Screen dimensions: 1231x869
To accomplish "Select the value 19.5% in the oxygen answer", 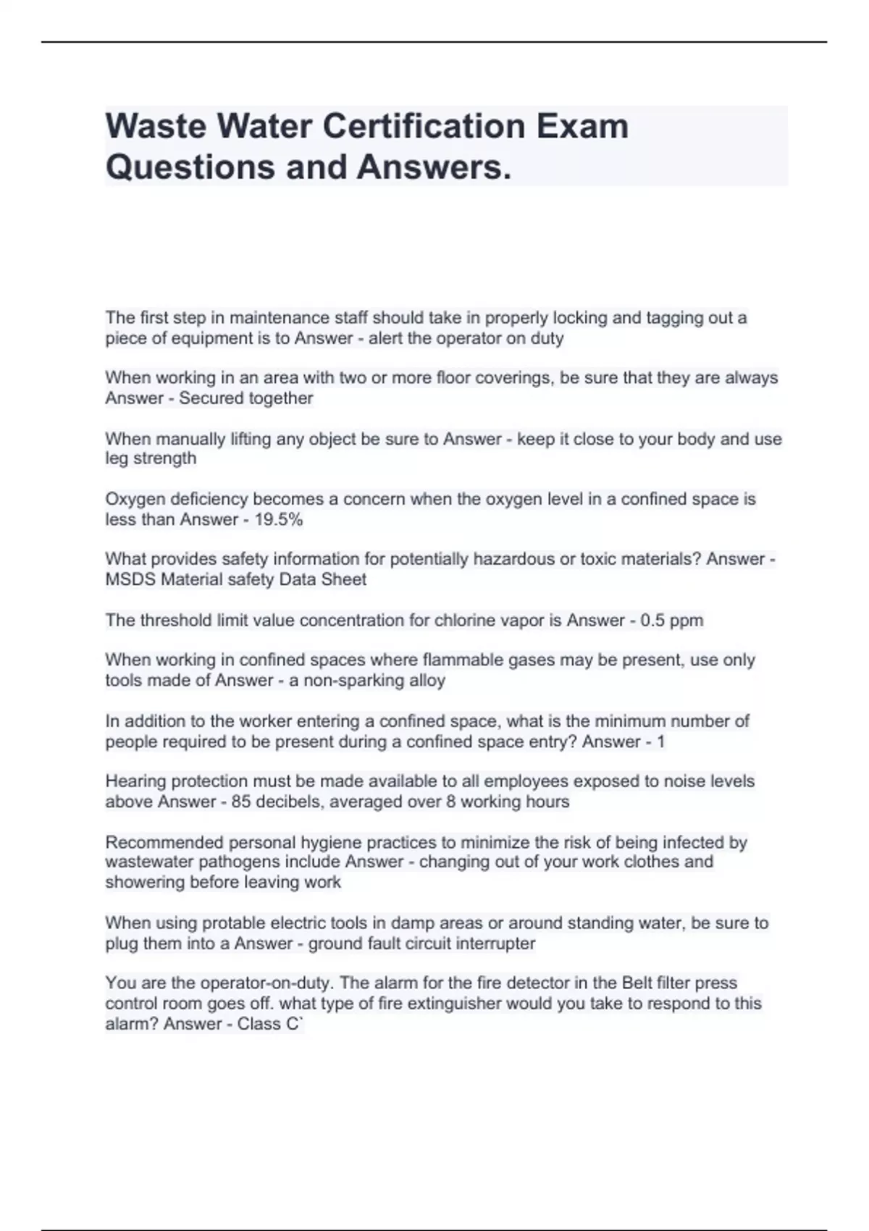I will click(x=279, y=519).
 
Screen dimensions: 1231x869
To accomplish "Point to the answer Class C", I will click(x=268, y=1024).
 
